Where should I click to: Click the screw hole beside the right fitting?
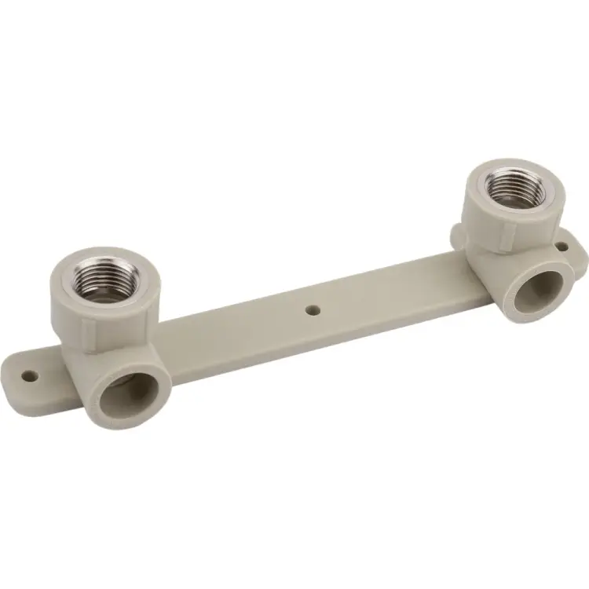tap(562, 247)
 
